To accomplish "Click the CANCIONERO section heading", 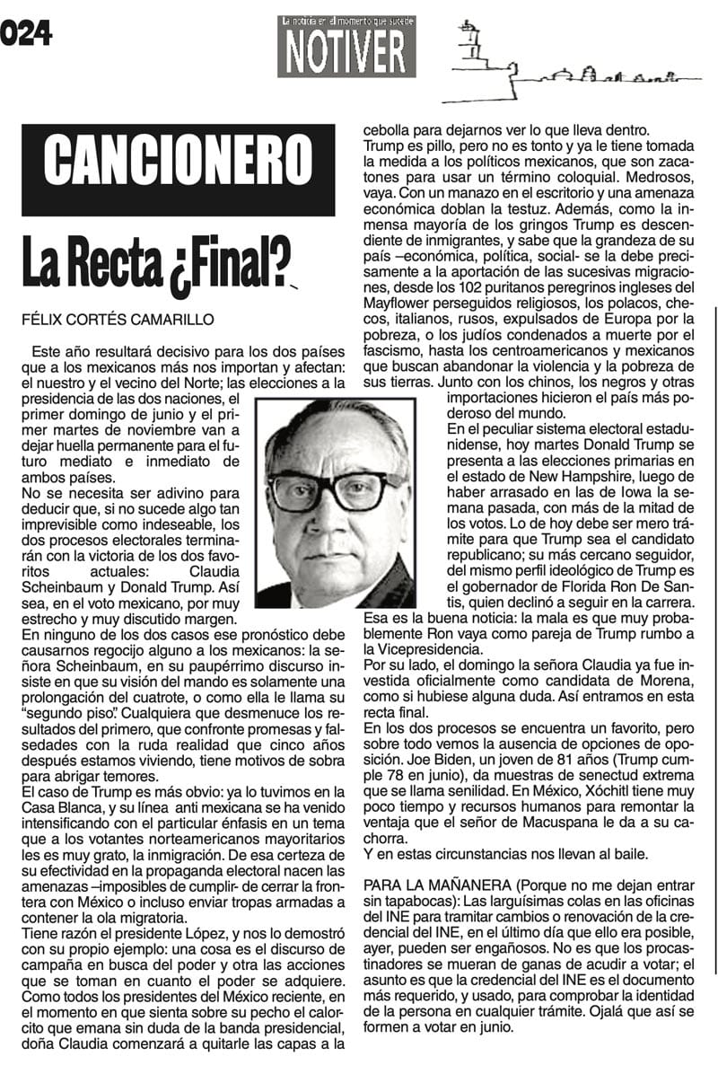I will point(178,170).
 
